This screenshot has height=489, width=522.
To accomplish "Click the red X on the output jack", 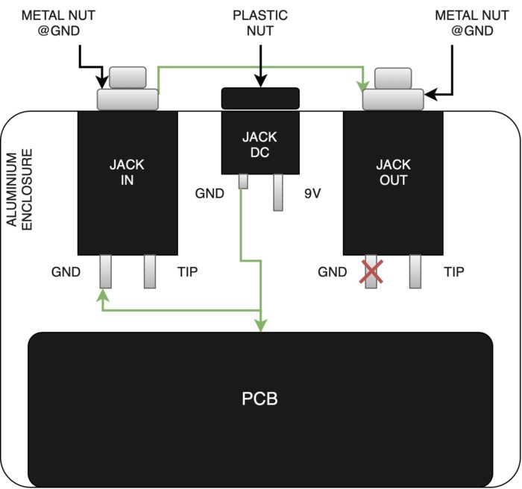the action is (371, 271).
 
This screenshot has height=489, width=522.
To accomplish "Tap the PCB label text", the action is (260, 399).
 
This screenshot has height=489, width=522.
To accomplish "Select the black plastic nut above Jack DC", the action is (260, 98).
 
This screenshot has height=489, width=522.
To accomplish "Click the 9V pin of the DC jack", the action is (278, 192).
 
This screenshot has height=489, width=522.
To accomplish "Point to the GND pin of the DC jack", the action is (243, 181).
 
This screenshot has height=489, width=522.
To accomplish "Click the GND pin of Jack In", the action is (106, 271).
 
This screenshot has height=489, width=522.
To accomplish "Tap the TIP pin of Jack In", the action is (150, 271).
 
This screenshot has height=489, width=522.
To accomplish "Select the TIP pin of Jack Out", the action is (415, 271).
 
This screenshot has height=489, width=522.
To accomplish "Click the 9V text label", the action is (312, 193).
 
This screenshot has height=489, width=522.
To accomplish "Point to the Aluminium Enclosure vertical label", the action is (19, 189).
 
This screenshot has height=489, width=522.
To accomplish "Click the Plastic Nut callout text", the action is (260, 23).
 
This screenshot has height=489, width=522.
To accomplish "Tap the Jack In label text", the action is (127, 172).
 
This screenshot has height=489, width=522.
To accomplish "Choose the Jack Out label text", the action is (393, 172).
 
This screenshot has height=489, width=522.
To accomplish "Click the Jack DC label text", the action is (260, 145).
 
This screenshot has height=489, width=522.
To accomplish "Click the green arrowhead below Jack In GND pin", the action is (103, 294).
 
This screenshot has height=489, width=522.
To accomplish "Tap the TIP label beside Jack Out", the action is (453, 272).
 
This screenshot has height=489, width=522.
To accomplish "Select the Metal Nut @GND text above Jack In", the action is (59, 23).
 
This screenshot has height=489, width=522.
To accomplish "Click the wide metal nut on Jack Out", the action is (393, 99).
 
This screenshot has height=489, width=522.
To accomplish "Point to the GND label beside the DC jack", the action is (210, 193).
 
